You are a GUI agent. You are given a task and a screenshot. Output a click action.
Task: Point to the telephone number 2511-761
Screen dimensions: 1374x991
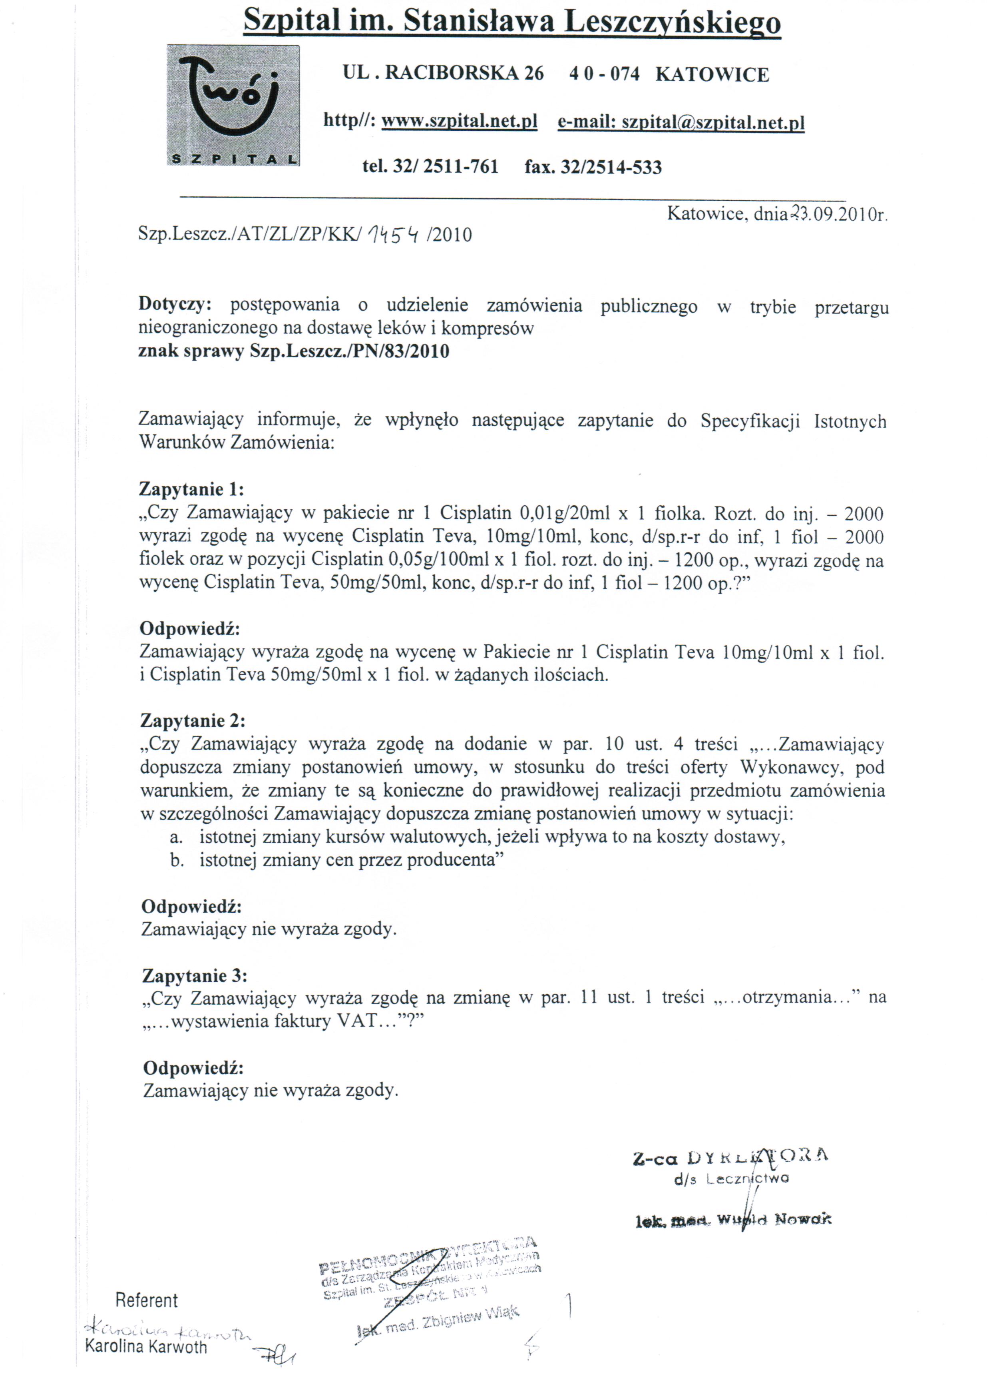460,167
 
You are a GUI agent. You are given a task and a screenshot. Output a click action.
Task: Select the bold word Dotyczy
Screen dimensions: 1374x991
176,304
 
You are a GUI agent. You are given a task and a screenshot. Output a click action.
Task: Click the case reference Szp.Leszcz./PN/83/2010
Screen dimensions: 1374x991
350,351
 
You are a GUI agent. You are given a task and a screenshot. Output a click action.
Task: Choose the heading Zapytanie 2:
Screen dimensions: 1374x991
193,720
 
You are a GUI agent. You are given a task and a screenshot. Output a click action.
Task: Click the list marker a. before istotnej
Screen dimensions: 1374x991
176,837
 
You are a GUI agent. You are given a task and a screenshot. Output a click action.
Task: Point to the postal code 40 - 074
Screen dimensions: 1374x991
604,74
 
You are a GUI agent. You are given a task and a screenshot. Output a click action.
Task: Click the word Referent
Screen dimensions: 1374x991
147,1300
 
